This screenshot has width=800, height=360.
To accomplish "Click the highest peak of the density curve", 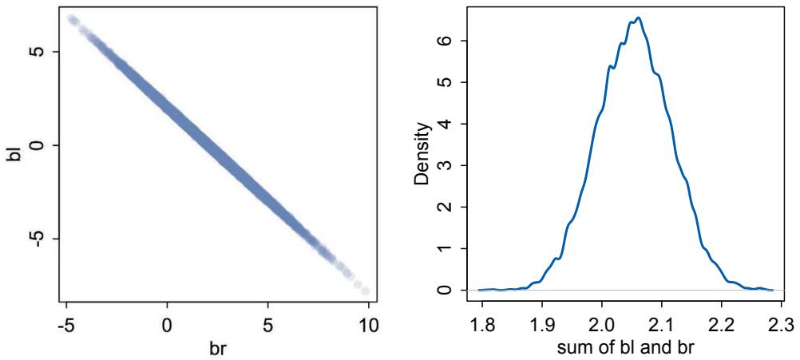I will [639, 18].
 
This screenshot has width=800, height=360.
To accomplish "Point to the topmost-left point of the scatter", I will [71, 18].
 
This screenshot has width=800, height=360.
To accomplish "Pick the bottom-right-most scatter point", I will [365, 291].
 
